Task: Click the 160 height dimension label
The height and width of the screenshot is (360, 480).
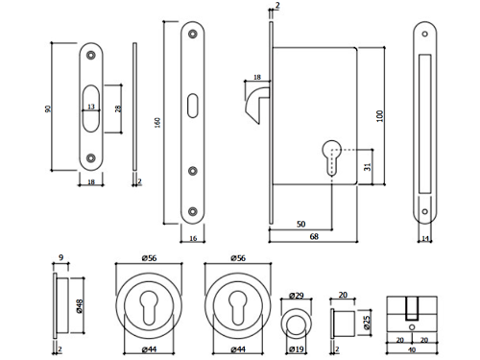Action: tap(157, 123)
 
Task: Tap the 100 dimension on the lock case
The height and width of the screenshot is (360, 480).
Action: tap(379, 116)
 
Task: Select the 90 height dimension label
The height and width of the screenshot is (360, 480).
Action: tap(48, 108)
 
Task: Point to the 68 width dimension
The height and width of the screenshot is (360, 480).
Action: tap(314, 236)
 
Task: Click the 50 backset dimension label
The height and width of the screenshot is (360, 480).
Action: tap(301, 224)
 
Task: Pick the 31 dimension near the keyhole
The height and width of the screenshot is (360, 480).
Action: tap(368, 167)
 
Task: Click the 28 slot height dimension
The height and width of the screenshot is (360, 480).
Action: tap(118, 108)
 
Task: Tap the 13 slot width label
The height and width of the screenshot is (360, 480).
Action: tap(91, 107)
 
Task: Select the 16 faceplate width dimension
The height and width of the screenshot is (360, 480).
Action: tap(193, 238)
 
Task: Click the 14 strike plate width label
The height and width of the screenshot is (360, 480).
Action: tap(425, 239)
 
